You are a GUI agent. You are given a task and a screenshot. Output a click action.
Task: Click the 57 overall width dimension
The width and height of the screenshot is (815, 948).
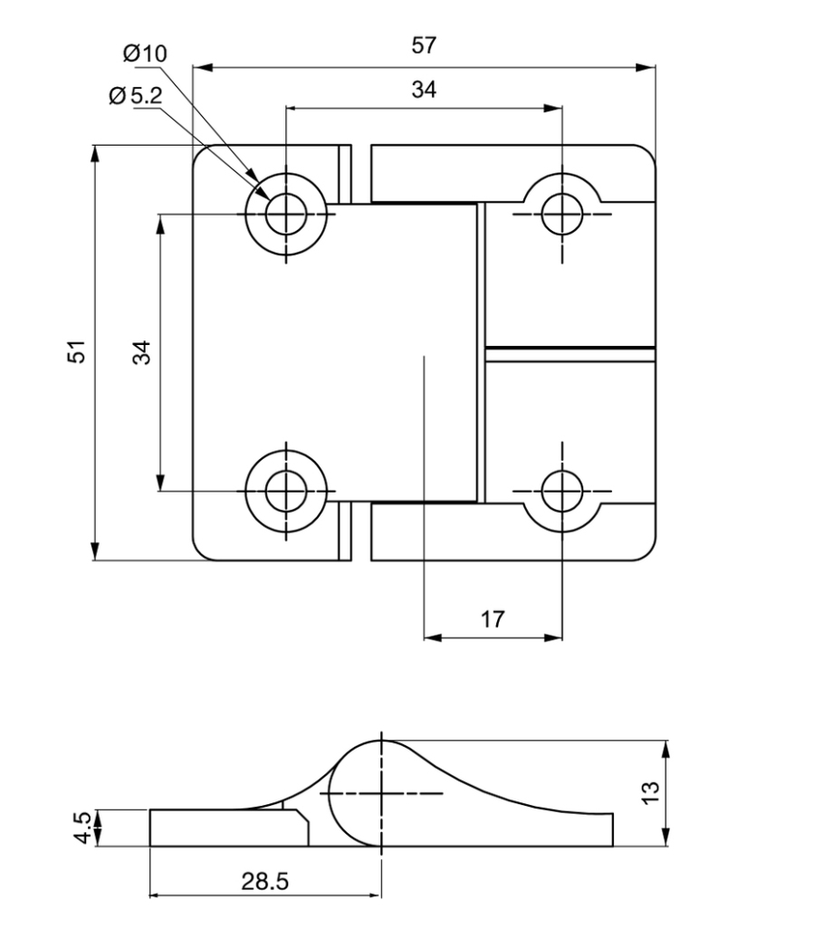click(x=424, y=46)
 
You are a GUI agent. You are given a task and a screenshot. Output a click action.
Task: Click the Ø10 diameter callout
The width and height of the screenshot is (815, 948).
click(x=145, y=53)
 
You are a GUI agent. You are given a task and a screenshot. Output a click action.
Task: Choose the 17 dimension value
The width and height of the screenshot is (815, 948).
click(x=492, y=619)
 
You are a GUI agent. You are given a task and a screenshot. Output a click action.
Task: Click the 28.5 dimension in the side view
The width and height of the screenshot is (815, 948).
click(x=265, y=880)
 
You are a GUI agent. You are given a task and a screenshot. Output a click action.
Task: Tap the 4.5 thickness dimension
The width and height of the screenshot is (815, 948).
click(x=81, y=828)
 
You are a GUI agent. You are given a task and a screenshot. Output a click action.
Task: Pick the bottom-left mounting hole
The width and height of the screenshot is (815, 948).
click(x=286, y=491)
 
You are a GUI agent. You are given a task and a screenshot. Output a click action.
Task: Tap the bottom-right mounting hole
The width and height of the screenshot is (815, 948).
click(x=561, y=491)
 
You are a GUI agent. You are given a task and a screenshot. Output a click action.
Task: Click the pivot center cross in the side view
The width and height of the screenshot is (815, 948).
click(x=381, y=793)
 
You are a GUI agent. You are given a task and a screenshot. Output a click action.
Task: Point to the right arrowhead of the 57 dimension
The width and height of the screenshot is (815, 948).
click(x=647, y=68)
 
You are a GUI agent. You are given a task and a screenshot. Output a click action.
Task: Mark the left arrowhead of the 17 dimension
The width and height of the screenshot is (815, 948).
click(x=433, y=637)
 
